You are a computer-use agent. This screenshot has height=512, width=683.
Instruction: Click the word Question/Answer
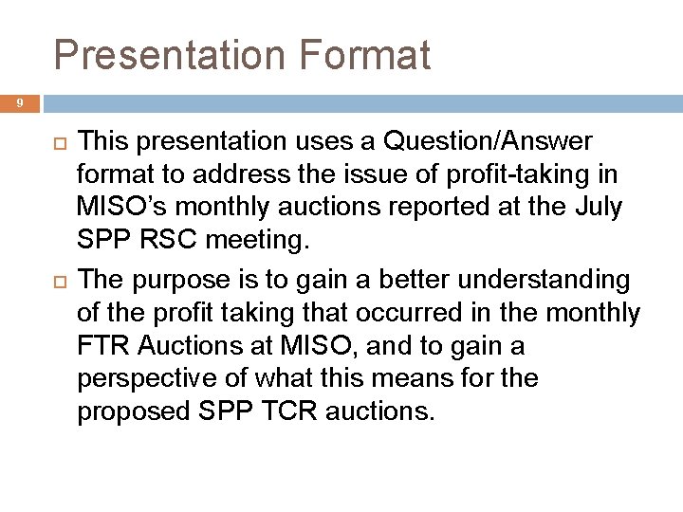(x=487, y=142)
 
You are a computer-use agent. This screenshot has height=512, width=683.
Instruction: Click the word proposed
(x=133, y=412)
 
